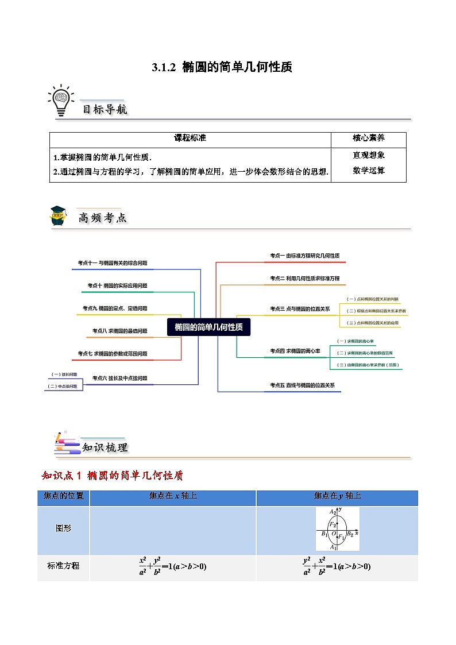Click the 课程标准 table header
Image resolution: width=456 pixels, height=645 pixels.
[x=190, y=138]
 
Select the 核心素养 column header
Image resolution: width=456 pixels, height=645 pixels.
[x=368, y=138]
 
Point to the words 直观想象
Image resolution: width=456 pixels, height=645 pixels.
[x=368, y=155]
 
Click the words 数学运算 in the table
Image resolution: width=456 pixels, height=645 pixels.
[x=368, y=171]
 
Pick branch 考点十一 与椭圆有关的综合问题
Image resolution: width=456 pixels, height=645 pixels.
[x=113, y=263]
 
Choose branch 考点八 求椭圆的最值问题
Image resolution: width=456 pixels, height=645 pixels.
[x=119, y=331]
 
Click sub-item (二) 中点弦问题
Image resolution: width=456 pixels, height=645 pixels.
[x=63, y=387]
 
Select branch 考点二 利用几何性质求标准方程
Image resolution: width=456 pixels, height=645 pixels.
[x=305, y=279]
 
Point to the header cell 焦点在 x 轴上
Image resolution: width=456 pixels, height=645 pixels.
[x=173, y=496]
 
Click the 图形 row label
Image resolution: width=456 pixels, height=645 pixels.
[x=63, y=528]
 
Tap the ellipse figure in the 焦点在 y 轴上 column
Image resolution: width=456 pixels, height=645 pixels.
[x=337, y=529]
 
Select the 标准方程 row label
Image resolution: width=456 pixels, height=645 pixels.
[x=63, y=566]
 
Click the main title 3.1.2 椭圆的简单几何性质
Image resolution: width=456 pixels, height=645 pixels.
[x=222, y=67]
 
